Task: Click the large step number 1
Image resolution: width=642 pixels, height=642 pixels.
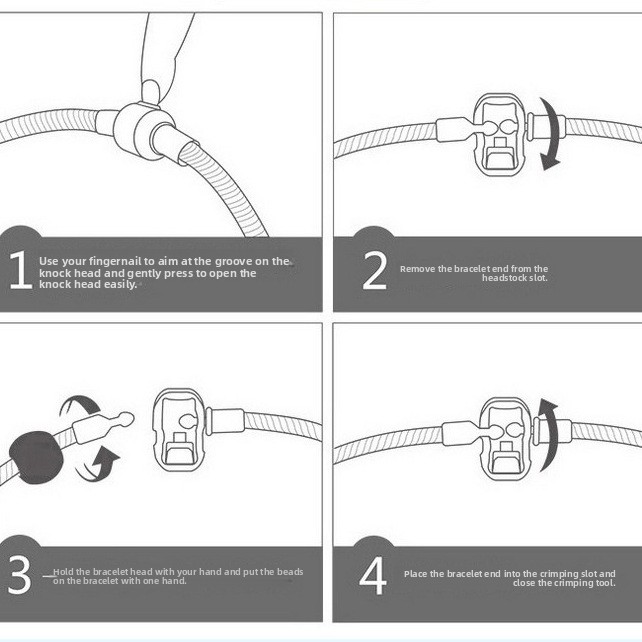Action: click(21, 270)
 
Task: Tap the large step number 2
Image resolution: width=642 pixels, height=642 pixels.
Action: click(375, 270)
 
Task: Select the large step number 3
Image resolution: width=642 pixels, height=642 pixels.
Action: click(19, 574)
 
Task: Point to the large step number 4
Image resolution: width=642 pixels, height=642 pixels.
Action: click(373, 575)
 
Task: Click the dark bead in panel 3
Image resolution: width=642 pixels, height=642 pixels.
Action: click(36, 458)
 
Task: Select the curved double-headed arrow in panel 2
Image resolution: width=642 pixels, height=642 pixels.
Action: click(551, 134)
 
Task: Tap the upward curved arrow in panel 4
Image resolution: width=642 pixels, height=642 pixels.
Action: click(549, 434)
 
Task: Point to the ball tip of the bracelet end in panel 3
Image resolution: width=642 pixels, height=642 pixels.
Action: click(126, 418)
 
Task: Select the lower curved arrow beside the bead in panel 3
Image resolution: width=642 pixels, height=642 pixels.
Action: click(97, 466)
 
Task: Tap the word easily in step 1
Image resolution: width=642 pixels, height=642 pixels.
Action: click(120, 285)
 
